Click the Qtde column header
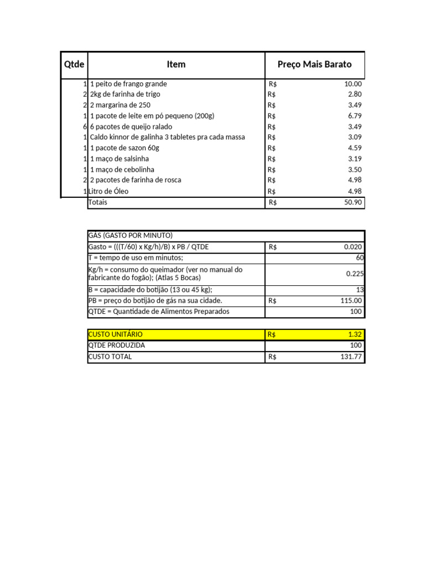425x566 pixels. (x=74, y=65)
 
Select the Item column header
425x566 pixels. (x=176, y=65)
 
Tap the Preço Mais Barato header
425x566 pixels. (x=314, y=65)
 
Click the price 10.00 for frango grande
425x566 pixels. (x=353, y=84)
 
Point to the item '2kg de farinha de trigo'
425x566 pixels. (x=125, y=95)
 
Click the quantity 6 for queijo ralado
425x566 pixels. (x=85, y=127)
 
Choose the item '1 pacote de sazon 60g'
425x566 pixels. (x=125, y=148)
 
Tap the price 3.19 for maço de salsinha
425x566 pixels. (x=355, y=159)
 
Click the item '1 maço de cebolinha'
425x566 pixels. (x=122, y=170)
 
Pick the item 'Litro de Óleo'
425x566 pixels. (x=108, y=191)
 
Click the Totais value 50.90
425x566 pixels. (x=353, y=202)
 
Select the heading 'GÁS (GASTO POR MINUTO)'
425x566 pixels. (x=131, y=235)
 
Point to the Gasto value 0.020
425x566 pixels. (x=353, y=247)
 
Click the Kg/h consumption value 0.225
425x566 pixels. (x=354, y=274)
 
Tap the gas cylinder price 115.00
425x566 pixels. (x=351, y=301)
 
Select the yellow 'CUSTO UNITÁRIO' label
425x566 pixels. (x=115, y=334)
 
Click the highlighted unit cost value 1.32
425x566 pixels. (x=355, y=334)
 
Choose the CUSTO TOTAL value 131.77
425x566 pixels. (x=351, y=357)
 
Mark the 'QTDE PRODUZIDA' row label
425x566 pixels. (x=116, y=345)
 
